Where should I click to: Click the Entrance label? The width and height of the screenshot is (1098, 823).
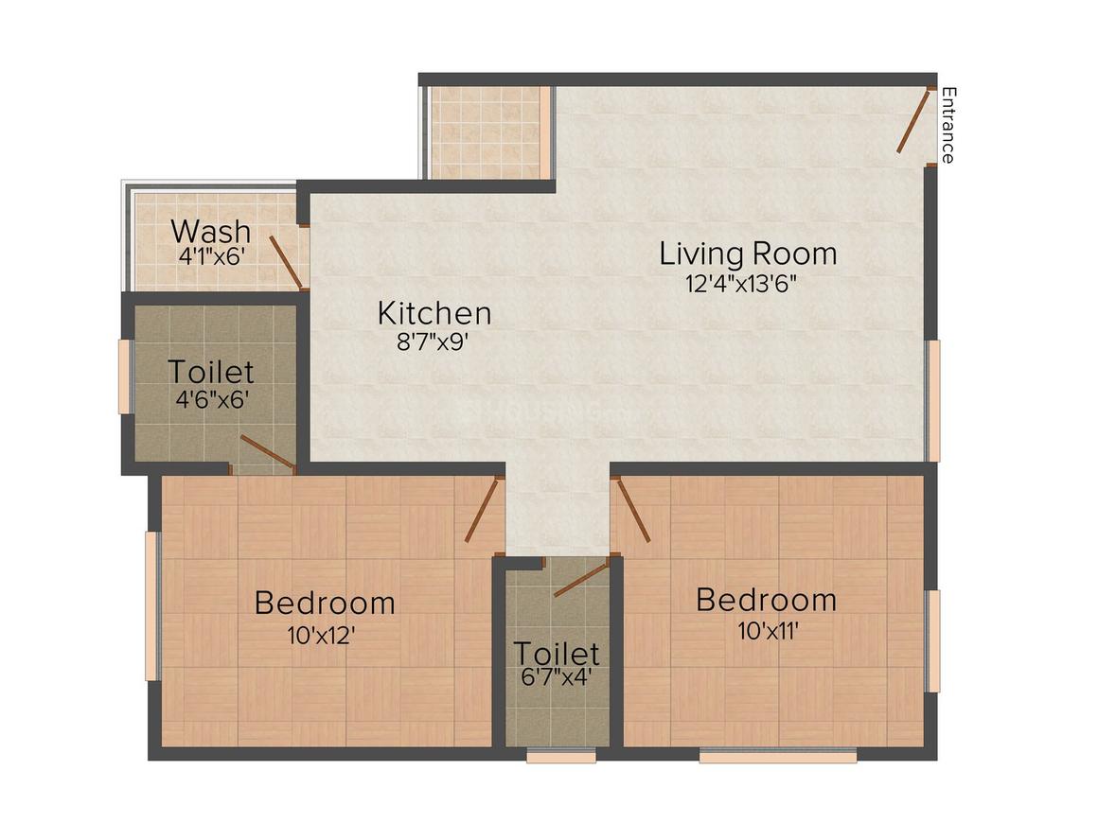(x=947, y=125)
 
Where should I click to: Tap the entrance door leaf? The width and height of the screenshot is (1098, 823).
(x=914, y=121)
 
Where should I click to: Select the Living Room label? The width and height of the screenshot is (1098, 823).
(x=748, y=254)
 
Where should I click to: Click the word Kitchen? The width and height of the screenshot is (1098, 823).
(x=434, y=312)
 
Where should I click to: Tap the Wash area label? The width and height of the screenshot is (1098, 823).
(x=210, y=231)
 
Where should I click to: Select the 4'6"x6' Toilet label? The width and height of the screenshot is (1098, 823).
(x=210, y=370)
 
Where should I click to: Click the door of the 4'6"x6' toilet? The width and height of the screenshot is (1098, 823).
(x=267, y=452)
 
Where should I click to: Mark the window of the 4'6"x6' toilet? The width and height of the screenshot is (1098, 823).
(x=124, y=376)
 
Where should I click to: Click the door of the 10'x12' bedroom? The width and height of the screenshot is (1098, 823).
(x=482, y=511)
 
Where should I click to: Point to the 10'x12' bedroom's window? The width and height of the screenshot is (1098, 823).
(x=151, y=605)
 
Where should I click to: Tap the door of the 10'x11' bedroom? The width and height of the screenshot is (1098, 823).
(x=632, y=510)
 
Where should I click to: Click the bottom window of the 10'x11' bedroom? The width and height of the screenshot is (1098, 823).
(x=778, y=756)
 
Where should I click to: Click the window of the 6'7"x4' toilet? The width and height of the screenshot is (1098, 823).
(x=561, y=756)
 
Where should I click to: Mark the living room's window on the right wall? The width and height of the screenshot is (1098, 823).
(x=934, y=400)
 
